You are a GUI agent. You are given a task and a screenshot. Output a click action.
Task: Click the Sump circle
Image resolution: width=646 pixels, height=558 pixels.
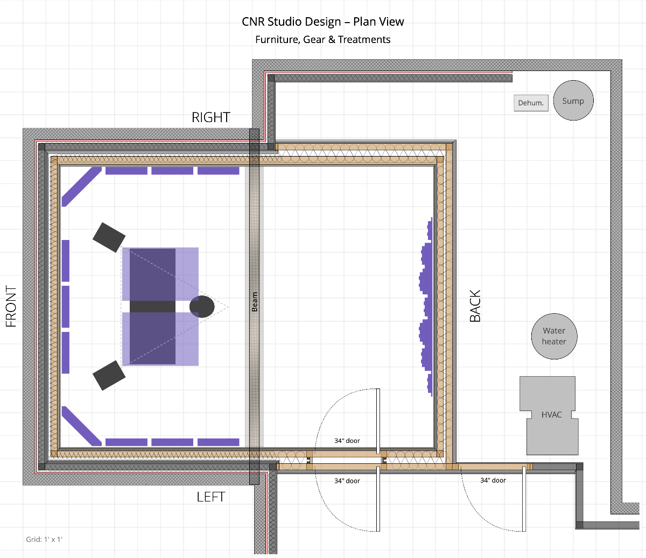(x=573, y=100)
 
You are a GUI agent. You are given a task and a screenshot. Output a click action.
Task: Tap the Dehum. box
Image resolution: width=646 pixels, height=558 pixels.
(x=531, y=103)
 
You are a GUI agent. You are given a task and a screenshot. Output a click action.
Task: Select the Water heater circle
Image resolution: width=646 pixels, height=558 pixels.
(x=554, y=336)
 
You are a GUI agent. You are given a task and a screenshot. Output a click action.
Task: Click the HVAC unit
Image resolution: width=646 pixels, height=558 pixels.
(x=549, y=415)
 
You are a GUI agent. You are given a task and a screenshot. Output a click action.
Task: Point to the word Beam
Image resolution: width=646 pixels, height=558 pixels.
(x=255, y=301)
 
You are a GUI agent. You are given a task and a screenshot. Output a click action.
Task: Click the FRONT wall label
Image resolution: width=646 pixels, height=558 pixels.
(x=11, y=306)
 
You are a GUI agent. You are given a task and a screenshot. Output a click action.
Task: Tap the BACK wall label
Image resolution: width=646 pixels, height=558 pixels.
(x=475, y=306)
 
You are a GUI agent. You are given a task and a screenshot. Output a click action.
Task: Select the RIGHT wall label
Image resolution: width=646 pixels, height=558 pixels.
(x=211, y=117)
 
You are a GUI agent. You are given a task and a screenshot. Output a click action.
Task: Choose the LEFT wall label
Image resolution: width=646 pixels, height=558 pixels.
(x=210, y=497)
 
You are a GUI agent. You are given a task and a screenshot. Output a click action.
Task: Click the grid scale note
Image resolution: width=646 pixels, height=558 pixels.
(x=44, y=539)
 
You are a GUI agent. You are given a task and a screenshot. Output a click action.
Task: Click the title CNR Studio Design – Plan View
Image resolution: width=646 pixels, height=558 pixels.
(x=323, y=22)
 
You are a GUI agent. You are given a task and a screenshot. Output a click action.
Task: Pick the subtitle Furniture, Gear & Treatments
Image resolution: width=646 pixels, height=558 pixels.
(x=323, y=40)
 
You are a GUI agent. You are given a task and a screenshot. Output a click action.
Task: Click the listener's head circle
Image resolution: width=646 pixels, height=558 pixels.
(x=202, y=307)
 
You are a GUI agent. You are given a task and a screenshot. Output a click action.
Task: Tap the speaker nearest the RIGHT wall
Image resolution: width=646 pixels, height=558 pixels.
(x=109, y=237)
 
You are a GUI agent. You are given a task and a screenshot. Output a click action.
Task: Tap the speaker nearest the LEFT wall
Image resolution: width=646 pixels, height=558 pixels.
(x=109, y=375)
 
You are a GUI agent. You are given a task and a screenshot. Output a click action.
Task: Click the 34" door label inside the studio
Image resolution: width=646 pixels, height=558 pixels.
(x=347, y=441)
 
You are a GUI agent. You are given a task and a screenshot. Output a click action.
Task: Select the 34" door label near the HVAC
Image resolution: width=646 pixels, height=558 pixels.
(x=493, y=480)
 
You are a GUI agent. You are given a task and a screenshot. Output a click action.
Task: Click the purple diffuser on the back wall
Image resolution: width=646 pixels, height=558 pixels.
(x=426, y=307)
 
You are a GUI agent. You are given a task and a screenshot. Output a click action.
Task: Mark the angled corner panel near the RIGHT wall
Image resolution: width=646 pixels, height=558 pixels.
(x=82, y=187)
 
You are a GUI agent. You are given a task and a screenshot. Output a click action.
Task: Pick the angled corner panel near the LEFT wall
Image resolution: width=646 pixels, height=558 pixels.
(x=82, y=426)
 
